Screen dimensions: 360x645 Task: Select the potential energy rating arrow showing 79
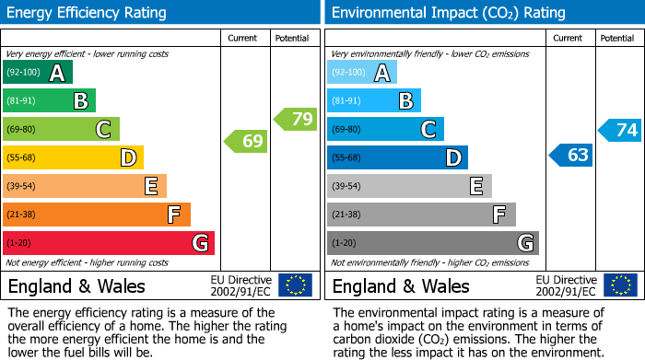(x=296, y=119)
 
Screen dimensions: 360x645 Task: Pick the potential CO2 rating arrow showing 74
(x=620, y=131)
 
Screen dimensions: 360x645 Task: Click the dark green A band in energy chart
(x=37, y=73)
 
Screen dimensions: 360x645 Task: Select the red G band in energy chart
(x=108, y=243)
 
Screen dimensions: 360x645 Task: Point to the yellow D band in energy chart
(x=73, y=158)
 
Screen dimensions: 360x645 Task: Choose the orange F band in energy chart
(x=96, y=215)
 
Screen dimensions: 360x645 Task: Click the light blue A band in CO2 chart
(x=361, y=73)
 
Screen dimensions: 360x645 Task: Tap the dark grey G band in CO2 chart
(x=432, y=243)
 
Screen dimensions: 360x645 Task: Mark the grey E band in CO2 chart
(x=409, y=186)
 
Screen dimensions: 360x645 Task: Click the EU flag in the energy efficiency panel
(x=295, y=285)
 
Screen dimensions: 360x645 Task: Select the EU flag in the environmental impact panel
(x=621, y=285)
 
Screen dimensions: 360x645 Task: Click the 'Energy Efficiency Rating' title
(x=88, y=13)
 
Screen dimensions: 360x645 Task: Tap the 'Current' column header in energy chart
(x=244, y=38)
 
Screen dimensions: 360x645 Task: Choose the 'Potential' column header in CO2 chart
(x=616, y=38)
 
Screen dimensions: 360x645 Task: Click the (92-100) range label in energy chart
(x=23, y=73)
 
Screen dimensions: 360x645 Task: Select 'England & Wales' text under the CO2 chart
(x=401, y=286)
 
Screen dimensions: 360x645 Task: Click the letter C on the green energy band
(x=104, y=130)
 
